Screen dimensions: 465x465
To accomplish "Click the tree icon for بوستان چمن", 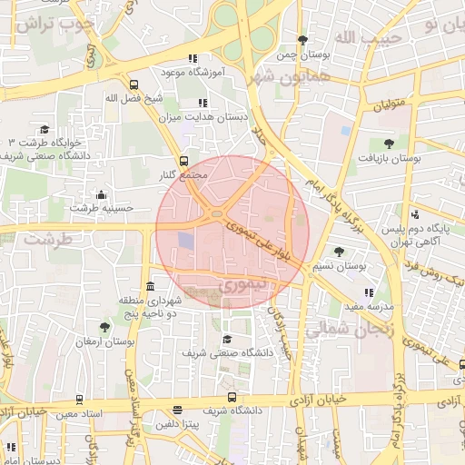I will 302,40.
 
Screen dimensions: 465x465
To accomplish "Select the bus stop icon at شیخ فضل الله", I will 134,84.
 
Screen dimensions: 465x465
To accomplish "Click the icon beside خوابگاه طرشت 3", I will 45,129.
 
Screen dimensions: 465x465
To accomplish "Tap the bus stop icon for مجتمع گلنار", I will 184,160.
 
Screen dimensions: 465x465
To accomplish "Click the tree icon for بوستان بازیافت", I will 389,143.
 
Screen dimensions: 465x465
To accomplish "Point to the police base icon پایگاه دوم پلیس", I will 415,215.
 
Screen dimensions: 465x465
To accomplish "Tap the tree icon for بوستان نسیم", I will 339,252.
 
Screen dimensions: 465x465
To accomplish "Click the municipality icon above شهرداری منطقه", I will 150,286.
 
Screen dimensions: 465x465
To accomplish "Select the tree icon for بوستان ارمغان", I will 105,326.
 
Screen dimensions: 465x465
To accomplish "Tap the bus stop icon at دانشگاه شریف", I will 232,397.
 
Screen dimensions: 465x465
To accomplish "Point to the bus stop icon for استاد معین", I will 81,400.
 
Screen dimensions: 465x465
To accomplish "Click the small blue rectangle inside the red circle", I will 185,242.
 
